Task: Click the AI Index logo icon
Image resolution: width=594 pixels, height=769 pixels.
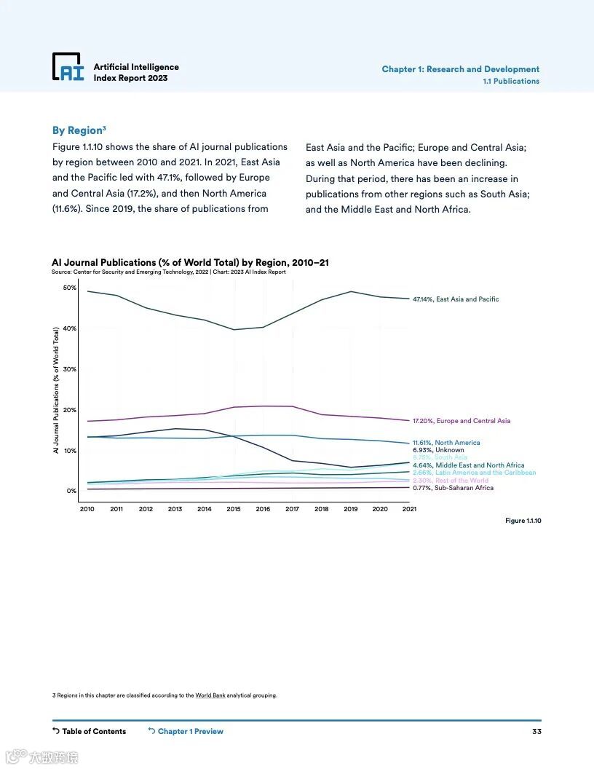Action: coord(68,67)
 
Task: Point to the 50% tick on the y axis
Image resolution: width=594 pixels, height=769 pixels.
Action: coord(70,288)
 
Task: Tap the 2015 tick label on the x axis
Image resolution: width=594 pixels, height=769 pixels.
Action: coord(234,509)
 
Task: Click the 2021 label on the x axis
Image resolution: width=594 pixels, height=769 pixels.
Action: coord(409,509)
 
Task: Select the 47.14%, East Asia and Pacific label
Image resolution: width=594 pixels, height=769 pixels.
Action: coord(456,299)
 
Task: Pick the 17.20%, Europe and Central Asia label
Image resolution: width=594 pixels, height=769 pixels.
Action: coord(462,421)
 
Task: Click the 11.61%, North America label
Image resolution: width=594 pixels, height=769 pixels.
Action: coord(446,443)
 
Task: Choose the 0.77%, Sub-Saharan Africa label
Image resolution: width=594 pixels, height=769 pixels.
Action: coord(453,488)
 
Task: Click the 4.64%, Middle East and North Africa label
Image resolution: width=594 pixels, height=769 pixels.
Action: coord(468,465)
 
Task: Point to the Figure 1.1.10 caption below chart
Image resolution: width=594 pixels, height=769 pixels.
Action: coord(523,521)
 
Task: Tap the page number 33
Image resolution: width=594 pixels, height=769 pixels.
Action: coord(536,731)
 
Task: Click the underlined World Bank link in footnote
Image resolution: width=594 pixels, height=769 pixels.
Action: coord(210,695)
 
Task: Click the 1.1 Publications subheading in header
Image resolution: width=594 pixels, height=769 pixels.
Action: coord(511,81)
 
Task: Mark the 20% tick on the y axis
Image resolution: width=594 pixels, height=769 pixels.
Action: coord(70,410)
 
